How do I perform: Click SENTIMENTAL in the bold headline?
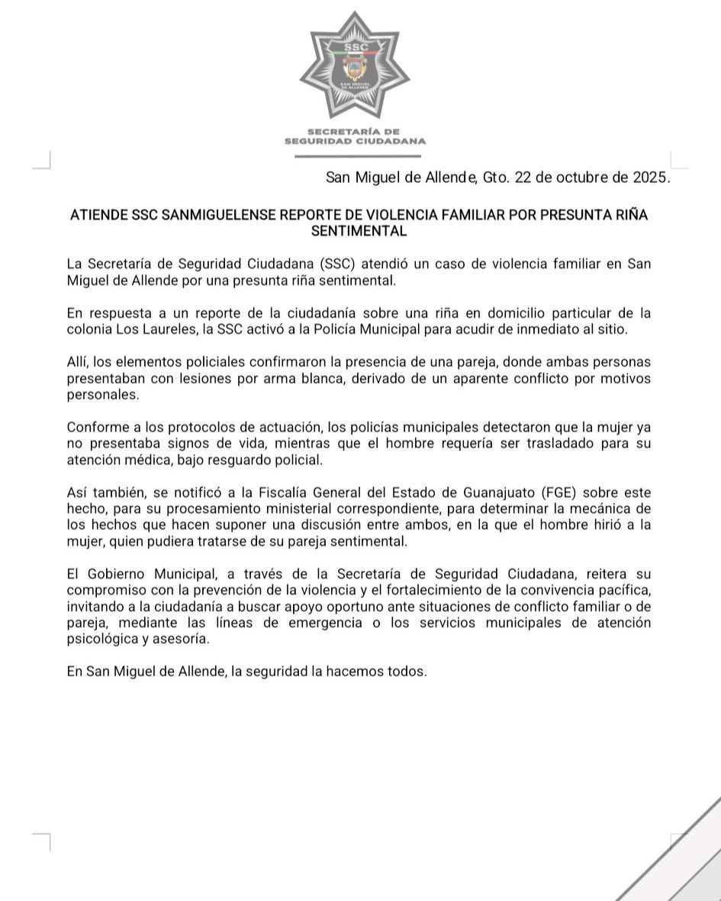point(359,229)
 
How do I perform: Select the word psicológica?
point(101,640)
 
